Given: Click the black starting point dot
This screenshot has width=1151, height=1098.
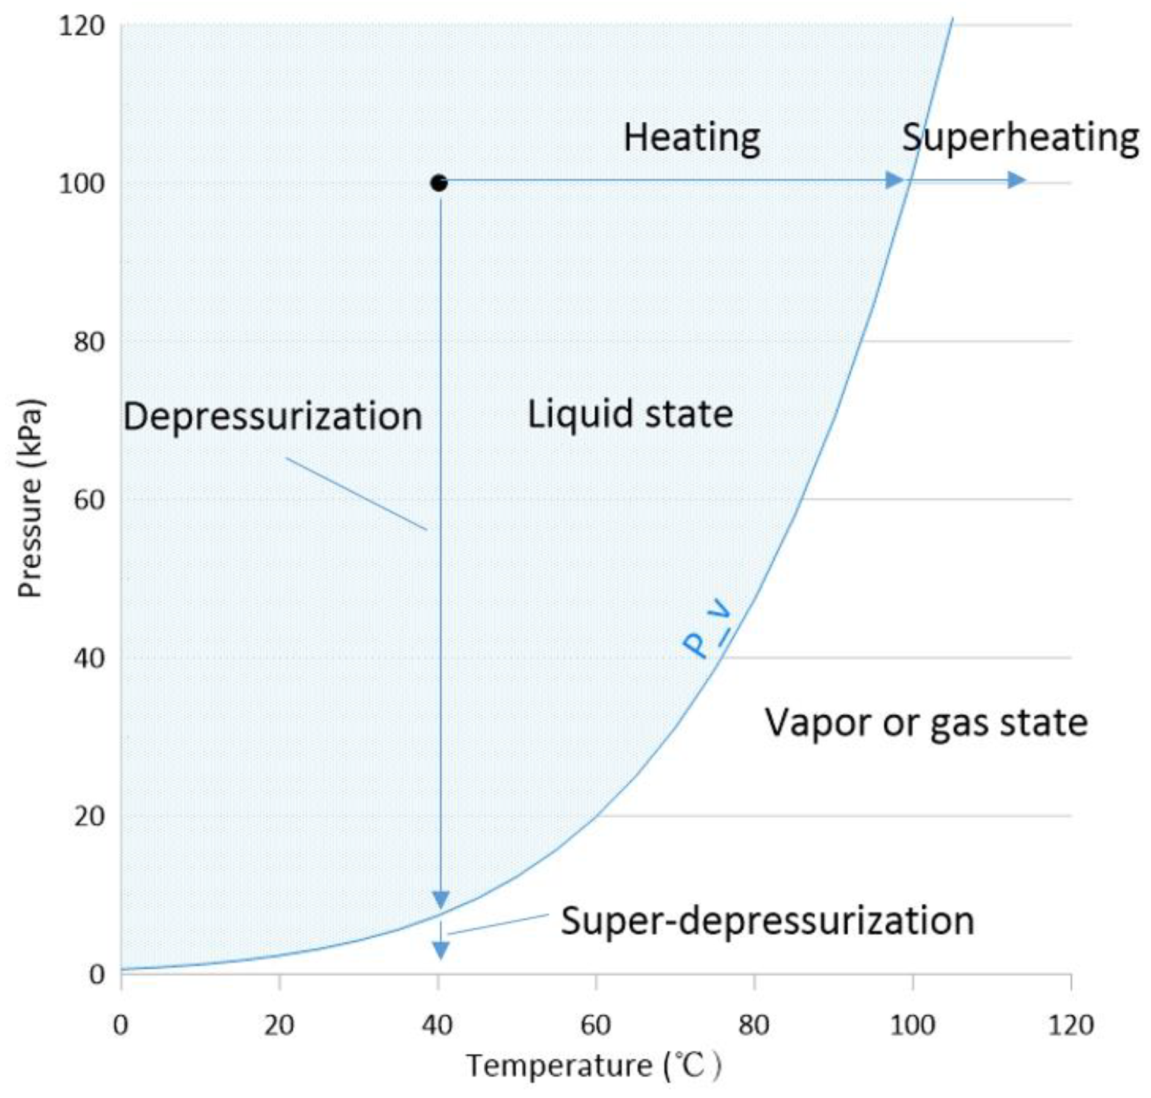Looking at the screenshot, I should tap(439, 183).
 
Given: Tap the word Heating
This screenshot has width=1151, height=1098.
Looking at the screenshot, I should tap(692, 137).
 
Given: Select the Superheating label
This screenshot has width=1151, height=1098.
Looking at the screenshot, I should tap(1020, 137).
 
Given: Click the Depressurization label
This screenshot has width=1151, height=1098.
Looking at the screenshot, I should tap(272, 416).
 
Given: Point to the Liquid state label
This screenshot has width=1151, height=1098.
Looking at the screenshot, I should tap(630, 414).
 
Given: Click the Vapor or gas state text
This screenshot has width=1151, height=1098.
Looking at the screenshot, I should tap(926, 722).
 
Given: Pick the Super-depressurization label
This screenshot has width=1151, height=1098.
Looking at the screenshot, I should tap(768, 920).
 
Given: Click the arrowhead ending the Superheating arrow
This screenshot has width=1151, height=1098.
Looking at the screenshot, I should tap(1016, 180).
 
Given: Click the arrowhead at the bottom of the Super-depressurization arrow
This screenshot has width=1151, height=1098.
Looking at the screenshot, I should tap(440, 949).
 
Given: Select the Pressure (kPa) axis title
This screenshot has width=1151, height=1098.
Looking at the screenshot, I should tap(30, 498).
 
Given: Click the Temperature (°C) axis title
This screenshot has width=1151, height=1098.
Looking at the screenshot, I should tap(593, 1066).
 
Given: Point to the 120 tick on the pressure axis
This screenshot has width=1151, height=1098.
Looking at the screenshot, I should tap(81, 26).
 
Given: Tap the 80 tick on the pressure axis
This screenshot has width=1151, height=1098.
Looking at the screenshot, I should tap(89, 342).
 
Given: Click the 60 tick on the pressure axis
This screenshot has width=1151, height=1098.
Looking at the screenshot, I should tap(89, 499).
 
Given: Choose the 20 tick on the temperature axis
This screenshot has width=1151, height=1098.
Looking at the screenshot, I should tap(279, 1025).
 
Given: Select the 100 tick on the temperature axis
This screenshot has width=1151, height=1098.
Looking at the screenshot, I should tap(912, 1025).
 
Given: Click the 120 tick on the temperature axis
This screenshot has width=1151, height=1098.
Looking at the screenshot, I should tap(1070, 1025).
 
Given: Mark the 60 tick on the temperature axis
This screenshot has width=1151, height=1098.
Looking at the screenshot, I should tap(595, 1025).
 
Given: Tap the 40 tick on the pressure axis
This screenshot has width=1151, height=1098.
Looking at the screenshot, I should tap(89, 658).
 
